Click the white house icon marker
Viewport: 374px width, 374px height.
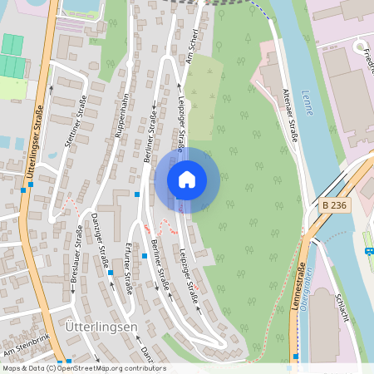click(187, 180)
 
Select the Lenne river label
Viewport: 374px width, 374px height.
click(309, 99)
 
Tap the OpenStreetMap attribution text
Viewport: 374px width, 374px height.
click(83, 368)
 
